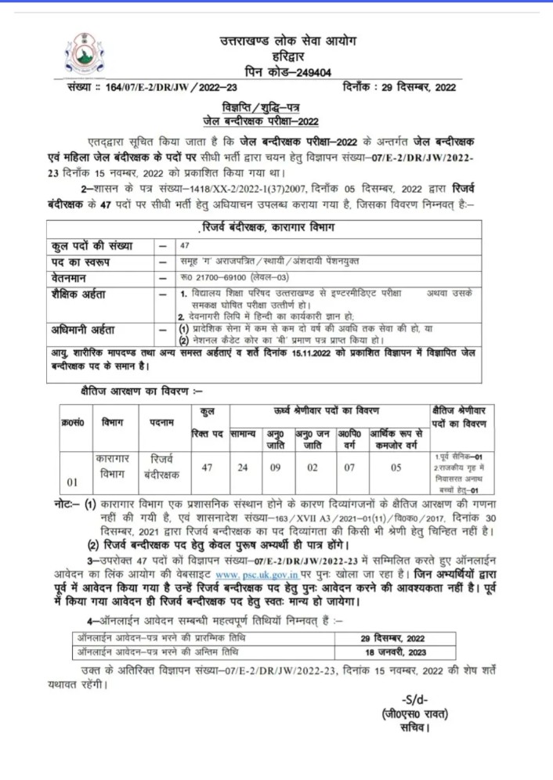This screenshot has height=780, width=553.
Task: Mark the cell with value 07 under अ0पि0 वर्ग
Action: [349, 468]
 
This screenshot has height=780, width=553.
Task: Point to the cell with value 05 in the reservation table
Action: [396, 468]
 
